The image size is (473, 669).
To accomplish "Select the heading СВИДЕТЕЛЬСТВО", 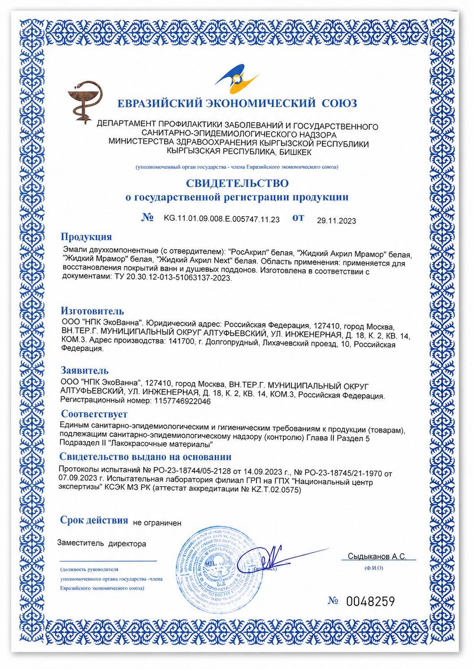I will click(237, 184).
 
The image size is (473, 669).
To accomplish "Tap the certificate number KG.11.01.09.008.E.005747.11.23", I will click(221, 219).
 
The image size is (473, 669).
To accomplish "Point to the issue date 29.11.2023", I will click(336, 220).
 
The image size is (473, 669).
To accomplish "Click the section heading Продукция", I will click(86, 237).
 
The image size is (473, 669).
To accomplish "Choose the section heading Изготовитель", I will click(92, 311).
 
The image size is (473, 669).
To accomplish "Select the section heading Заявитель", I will click(85, 371).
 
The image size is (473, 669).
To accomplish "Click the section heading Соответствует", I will click(94, 414).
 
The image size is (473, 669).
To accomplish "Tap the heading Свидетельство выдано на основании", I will click(146, 457).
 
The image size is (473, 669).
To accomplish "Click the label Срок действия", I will click(94, 520).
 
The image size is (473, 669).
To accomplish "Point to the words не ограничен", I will click(157, 522).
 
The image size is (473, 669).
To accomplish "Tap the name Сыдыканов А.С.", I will click(377, 556).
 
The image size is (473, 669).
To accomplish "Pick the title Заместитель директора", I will click(102, 544).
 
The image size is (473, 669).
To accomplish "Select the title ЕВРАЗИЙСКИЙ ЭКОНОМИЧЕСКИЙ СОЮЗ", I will click(237, 104).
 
